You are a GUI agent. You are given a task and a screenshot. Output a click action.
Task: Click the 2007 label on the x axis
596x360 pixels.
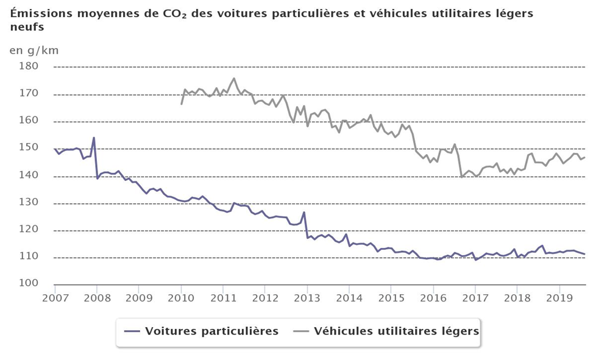pos(54,298)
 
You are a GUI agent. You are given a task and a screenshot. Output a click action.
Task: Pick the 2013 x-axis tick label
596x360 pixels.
pos(308,298)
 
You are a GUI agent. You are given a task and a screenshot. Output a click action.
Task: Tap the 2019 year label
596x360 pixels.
pos(561,298)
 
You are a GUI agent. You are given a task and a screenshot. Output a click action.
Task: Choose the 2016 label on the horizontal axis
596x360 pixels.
pos(434,298)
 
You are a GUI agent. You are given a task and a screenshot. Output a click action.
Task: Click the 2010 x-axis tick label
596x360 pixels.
pos(181,298)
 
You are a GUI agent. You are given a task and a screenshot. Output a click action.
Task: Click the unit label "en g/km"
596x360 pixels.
pos(34,51)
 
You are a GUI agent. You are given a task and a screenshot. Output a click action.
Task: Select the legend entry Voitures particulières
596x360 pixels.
pos(211,331)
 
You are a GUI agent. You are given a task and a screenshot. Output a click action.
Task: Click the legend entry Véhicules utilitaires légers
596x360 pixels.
pos(396,331)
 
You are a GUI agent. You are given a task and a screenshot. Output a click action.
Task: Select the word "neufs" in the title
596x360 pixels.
pos(27,27)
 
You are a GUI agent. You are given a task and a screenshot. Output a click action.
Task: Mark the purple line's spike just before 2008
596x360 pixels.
pos(94,138)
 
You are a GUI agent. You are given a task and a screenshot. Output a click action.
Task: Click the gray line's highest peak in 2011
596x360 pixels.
pos(234,79)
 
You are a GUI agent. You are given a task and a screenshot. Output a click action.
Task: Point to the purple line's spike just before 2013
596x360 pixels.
pos(304,212)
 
